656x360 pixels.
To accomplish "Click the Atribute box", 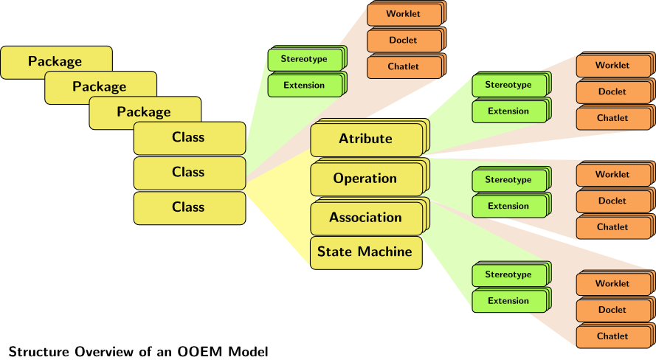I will tap(366, 139).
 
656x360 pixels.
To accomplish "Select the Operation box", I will tap(365, 179).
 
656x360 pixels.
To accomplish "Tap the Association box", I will tap(365, 218).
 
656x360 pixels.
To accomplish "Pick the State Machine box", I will tap(365, 252).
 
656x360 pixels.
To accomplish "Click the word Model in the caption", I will tap(247, 351).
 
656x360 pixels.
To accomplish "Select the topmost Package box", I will tap(55, 61).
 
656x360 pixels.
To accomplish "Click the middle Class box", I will tap(188, 173).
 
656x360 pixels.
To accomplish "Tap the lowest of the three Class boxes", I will tap(188, 207).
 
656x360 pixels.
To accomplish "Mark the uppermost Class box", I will tap(188, 137).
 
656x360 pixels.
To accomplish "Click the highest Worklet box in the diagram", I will tap(404, 14).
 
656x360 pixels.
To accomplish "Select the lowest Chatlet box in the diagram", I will tap(612, 336).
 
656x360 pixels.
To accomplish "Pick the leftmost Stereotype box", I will tap(304, 58).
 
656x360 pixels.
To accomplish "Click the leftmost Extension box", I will tap(304, 85).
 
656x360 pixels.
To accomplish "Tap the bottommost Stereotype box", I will tap(508, 274).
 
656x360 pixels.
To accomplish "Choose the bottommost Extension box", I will tap(508, 301).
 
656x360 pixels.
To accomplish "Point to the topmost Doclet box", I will tap(404, 40).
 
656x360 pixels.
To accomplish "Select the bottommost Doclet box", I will tap(612, 310).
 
